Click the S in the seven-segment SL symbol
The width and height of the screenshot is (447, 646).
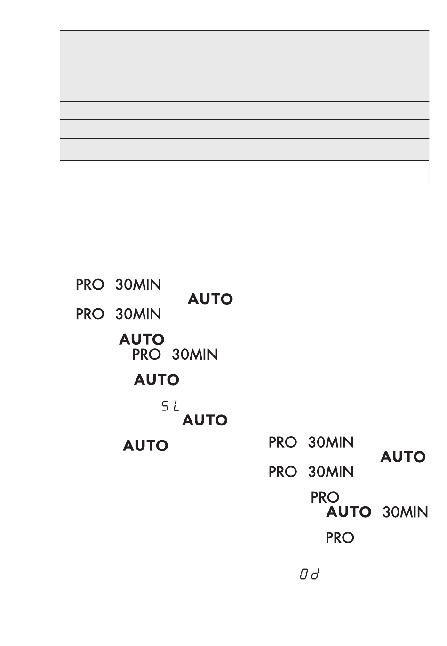pyautogui.click(x=165, y=406)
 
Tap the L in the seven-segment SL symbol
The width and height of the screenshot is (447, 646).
pyautogui.click(x=175, y=406)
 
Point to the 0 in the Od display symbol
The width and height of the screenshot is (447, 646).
pyautogui.click(x=304, y=574)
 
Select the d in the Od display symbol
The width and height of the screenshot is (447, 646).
pyautogui.click(x=315, y=574)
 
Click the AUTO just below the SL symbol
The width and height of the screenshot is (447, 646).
pyautogui.click(x=205, y=420)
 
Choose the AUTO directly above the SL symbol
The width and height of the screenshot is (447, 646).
pyautogui.click(x=156, y=379)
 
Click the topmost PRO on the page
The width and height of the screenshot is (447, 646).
pyautogui.click(x=90, y=284)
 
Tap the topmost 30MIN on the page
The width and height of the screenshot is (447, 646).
pyautogui.click(x=138, y=284)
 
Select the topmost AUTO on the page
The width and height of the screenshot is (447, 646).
pyautogui.click(x=210, y=299)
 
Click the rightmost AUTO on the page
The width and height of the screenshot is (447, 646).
pyautogui.click(x=403, y=457)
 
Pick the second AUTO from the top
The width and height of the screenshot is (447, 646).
pyautogui.click(x=142, y=339)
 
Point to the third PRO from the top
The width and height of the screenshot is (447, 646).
pyautogui.click(x=146, y=355)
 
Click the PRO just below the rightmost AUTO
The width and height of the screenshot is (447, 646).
pyautogui.click(x=282, y=472)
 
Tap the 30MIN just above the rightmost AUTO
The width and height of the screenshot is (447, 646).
pyautogui.click(x=331, y=442)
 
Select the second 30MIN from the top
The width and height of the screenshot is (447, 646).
pyautogui.click(x=138, y=314)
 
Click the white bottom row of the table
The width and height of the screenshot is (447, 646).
pyautogui.click(x=244, y=174)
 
